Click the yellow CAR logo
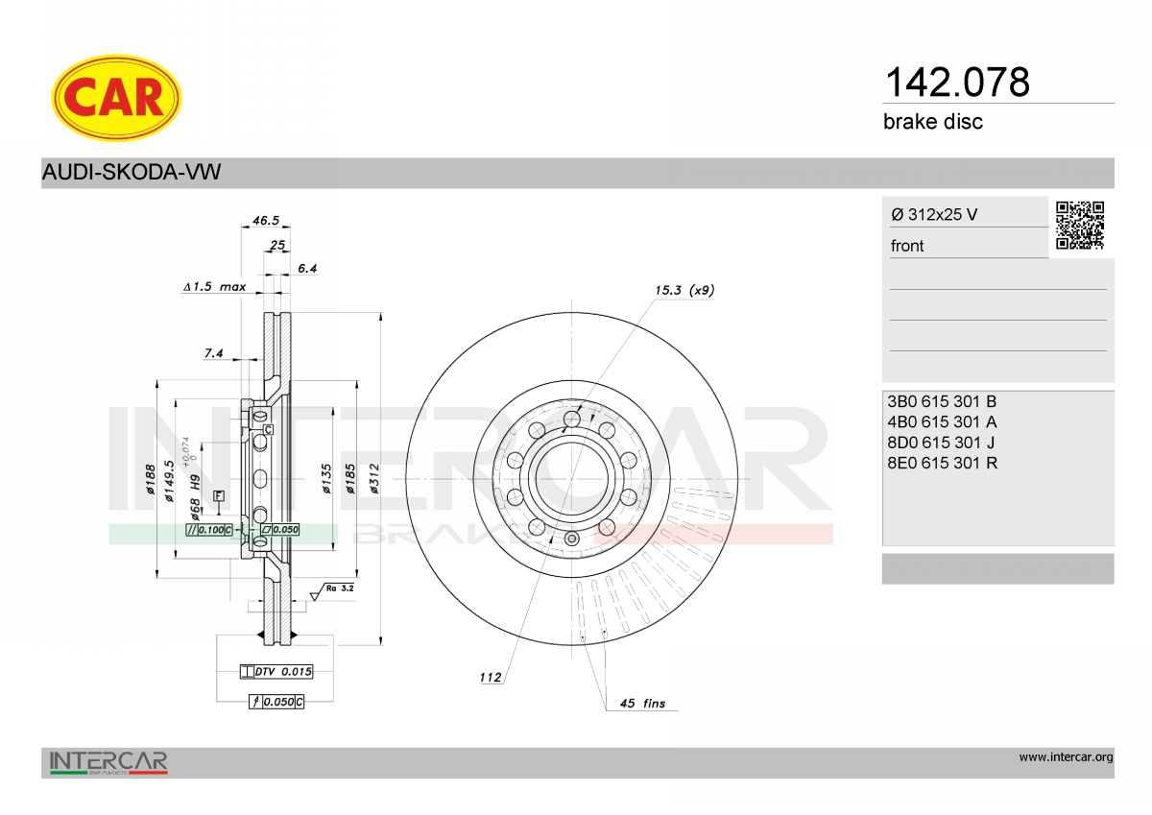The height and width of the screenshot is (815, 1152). pyautogui.click(x=116, y=98)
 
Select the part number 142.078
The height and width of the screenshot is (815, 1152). pyautogui.click(x=957, y=83)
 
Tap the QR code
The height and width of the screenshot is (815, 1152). pyautogui.click(x=1080, y=226)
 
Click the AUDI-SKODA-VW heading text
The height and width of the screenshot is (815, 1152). pyautogui.click(x=132, y=172)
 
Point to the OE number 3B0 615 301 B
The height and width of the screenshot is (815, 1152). pyautogui.click(x=942, y=401)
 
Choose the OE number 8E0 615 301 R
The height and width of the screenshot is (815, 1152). pyautogui.click(x=942, y=463)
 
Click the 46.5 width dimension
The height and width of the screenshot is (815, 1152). pyautogui.click(x=265, y=221)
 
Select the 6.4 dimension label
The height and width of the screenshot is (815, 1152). pyautogui.click(x=307, y=268)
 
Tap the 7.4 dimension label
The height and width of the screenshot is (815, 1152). pyautogui.click(x=213, y=352)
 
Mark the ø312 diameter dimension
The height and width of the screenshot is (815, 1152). pyautogui.click(x=374, y=479)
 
